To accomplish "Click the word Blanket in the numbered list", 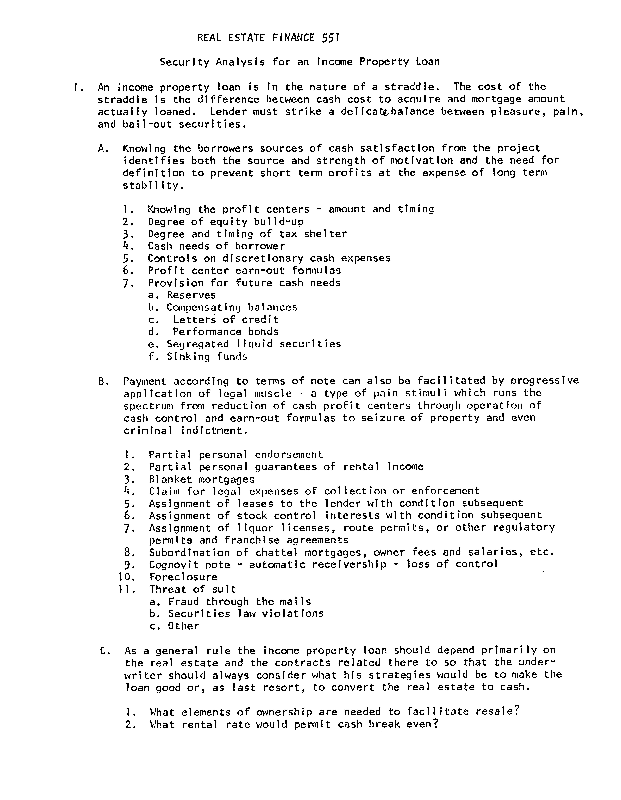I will tap(170, 479).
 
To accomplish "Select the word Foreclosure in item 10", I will tap(183, 577).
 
